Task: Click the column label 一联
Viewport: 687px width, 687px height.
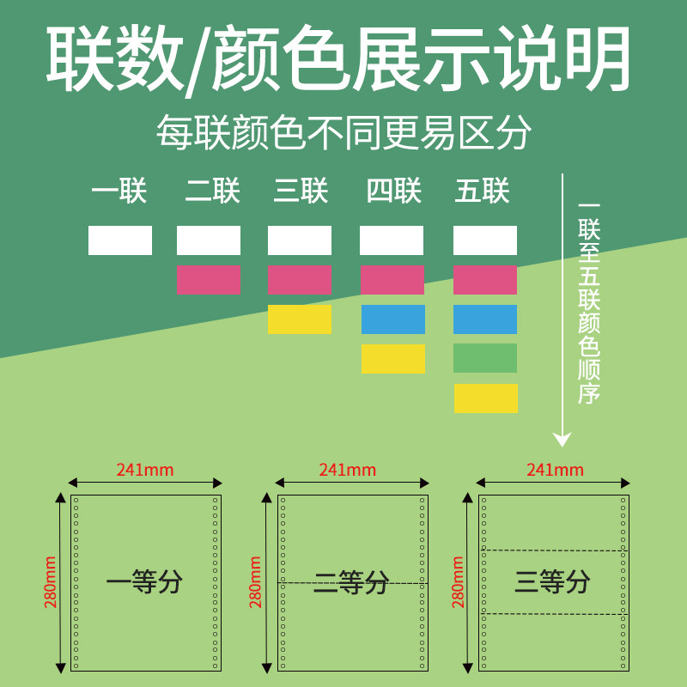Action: tap(119, 191)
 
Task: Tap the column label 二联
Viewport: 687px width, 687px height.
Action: tap(212, 191)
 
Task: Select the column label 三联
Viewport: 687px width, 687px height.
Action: tap(301, 191)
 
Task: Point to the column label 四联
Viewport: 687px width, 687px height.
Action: tap(393, 191)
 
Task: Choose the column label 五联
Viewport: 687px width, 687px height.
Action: tap(483, 191)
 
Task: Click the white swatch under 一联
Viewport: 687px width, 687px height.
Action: tap(120, 240)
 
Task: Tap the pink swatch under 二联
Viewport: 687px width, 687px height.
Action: tap(209, 280)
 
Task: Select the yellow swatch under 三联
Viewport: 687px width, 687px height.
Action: tap(300, 319)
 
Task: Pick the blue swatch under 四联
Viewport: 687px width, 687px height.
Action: tap(393, 319)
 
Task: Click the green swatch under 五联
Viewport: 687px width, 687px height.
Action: tap(485, 358)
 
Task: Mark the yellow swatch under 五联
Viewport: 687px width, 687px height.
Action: tap(486, 398)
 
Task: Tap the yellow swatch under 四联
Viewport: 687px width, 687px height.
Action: tap(393, 359)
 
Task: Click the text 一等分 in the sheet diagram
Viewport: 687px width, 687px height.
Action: tap(144, 583)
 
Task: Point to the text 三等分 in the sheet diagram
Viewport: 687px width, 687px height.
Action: tap(553, 582)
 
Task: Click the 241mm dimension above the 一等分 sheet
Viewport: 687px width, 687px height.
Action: tap(145, 470)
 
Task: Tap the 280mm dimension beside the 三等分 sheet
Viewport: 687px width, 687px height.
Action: tap(459, 582)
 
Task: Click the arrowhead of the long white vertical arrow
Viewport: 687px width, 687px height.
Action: tap(562, 440)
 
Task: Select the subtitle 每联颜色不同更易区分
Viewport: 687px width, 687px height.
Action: tap(343, 133)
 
